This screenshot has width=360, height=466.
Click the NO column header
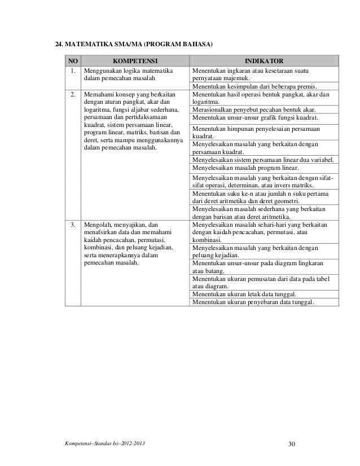73,60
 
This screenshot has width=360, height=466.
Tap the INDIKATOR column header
264,60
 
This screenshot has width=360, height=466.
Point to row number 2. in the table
73,95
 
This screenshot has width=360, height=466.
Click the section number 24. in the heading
58,43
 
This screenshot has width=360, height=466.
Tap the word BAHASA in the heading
193,43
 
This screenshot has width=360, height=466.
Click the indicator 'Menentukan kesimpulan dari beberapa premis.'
254,86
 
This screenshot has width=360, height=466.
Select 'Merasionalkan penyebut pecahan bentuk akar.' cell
254,109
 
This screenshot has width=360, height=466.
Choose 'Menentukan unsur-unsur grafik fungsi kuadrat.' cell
255,118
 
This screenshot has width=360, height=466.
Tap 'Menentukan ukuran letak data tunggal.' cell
244,294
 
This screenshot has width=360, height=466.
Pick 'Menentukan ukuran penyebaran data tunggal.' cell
253,302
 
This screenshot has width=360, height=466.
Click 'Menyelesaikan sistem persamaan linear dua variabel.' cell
262,160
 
